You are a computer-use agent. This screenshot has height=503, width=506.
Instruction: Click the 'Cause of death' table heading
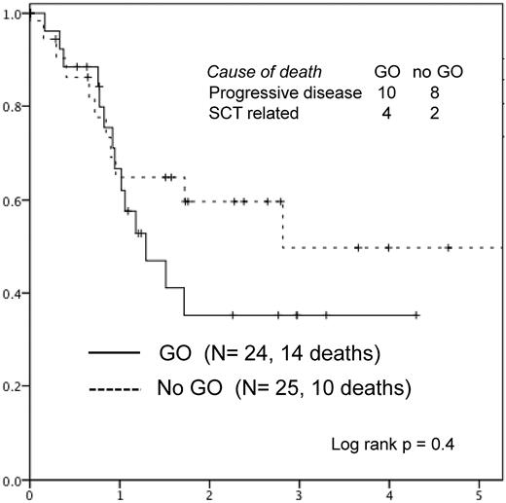264,72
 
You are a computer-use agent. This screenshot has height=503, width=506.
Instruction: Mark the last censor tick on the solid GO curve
416,315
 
